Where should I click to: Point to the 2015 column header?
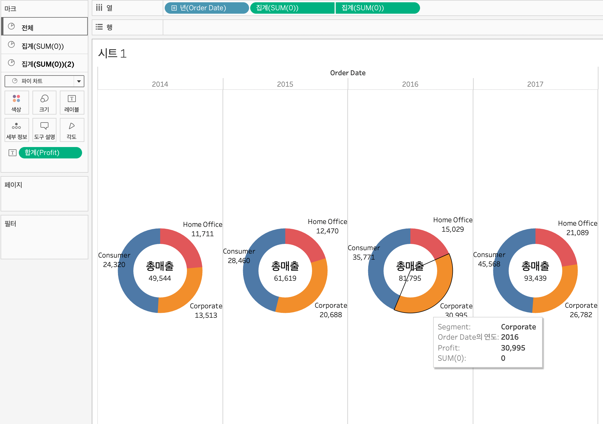pos(285,84)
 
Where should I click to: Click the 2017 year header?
pos(535,84)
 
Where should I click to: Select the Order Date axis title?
pos(348,73)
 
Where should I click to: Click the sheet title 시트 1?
pos(112,54)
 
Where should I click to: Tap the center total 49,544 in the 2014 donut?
pos(160,278)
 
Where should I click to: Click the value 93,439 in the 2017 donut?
pos(535,278)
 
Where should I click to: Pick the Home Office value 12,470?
pos(327,231)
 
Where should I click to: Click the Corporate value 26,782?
pos(581,315)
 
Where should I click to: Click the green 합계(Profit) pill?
pos(50,153)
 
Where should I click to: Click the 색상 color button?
pos(17,103)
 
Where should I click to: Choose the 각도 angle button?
pos(72,130)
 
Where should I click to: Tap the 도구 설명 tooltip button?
pos(44,130)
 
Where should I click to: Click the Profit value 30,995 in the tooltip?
pos(513,348)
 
